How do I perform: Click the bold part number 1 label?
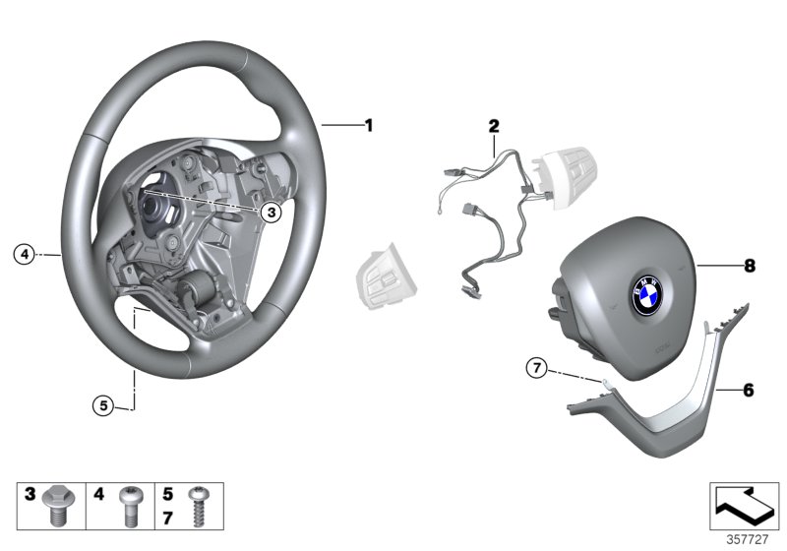point(369,125)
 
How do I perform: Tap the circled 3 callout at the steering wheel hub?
point(272,211)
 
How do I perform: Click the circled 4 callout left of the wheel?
point(24,254)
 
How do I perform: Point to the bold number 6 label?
point(749,390)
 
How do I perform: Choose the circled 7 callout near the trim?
point(535,369)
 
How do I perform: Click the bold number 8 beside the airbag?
point(749,265)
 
